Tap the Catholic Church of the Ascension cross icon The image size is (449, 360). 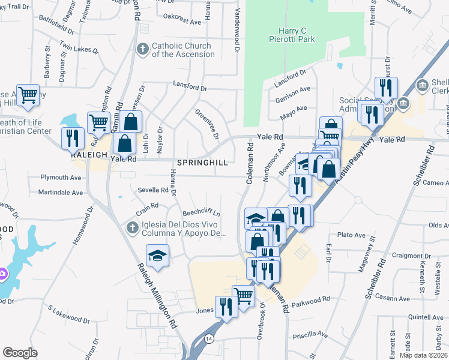143,48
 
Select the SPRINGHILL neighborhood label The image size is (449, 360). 202,163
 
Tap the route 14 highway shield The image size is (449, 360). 209,339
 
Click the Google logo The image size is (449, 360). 20,352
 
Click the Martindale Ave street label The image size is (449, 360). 61,193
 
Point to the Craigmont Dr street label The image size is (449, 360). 408,256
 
